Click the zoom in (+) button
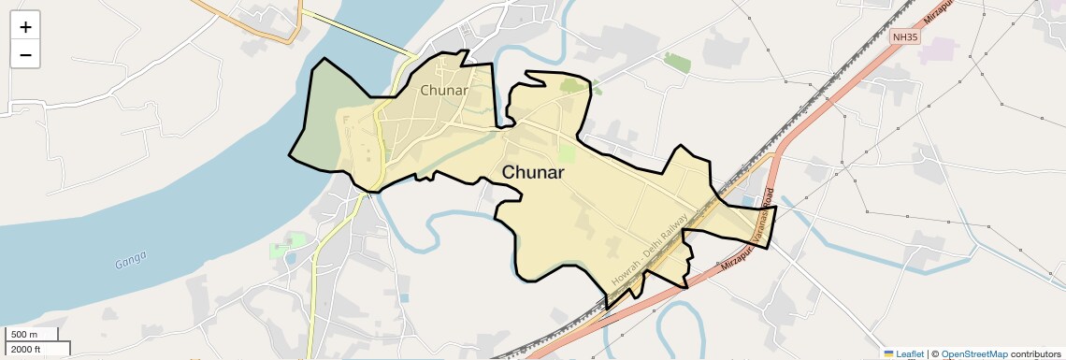click(25, 27)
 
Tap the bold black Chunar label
click(533, 173)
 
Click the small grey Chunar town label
click(444, 91)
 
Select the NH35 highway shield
click(904, 37)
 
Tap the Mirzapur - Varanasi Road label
click(748, 234)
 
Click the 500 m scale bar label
click(25, 335)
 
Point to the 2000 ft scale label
click(25, 349)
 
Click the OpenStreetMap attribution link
click(973, 353)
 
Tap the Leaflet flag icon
click(889, 353)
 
